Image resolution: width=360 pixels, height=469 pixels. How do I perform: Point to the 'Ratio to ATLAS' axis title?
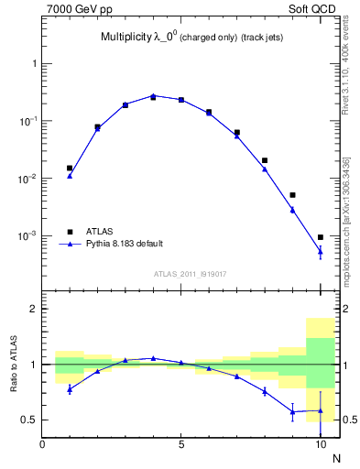pos(13,365)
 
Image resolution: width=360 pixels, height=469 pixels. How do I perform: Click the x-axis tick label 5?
pos(181,445)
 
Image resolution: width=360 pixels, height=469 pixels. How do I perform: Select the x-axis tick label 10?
pos(321,445)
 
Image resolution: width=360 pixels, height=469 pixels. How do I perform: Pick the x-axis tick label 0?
pos(42,445)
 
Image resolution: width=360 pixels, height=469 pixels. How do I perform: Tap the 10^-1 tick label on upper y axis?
pos(27,122)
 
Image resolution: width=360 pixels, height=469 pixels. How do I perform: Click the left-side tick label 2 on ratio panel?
pos(32,310)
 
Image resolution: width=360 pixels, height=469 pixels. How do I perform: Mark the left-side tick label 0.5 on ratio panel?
pos(27,420)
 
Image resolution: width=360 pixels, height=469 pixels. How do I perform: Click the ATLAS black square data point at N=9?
pos(292,195)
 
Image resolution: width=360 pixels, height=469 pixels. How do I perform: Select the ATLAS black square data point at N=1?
pos(70,169)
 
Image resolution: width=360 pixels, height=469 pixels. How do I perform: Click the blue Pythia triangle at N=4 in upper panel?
pos(153,95)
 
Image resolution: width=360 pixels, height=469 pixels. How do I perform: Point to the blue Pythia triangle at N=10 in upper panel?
pos(321,250)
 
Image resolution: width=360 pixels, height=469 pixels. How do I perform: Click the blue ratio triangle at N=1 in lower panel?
pos(70,389)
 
